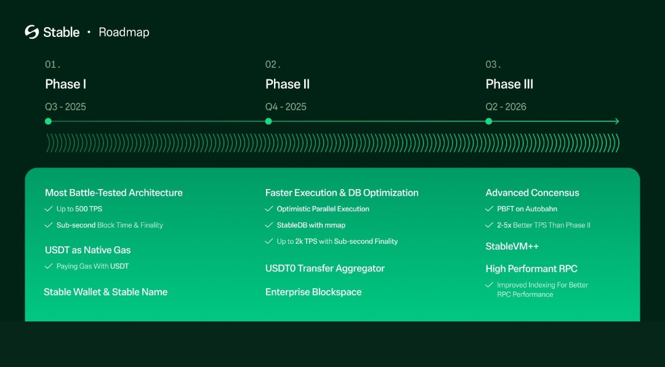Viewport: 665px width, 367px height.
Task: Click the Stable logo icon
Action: tap(31, 32)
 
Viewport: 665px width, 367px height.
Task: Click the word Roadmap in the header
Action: tap(124, 32)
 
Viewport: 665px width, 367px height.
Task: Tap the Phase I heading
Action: tap(66, 84)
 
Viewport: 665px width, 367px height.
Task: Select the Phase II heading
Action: tap(288, 84)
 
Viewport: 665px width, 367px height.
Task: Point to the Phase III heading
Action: tap(509, 84)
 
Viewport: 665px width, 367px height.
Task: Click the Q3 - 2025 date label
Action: tap(65, 107)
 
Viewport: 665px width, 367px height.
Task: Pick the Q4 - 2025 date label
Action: tap(286, 107)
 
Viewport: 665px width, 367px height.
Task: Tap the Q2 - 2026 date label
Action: tap(506, 107)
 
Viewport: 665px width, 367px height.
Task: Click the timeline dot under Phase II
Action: tap(268, 121)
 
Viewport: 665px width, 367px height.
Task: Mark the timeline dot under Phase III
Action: tap(489, 121)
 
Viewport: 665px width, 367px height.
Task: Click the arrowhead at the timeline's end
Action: tap(616, 121)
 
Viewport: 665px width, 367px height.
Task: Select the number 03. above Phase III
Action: tap(493, 65)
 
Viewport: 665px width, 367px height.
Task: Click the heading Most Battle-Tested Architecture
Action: tap(114, 193)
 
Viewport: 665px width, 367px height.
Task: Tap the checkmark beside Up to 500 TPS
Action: tap(49, 209)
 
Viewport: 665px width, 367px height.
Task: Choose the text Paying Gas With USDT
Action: tap(92, 266)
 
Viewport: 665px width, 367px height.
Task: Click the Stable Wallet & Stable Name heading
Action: tap(105, 292)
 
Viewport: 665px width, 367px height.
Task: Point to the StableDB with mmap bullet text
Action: tap(311, 225)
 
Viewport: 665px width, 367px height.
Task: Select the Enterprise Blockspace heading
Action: tap(313, 292)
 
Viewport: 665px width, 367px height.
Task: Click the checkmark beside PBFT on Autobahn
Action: tap(490, 209)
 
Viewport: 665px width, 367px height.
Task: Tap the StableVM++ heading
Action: tap(512, 246)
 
